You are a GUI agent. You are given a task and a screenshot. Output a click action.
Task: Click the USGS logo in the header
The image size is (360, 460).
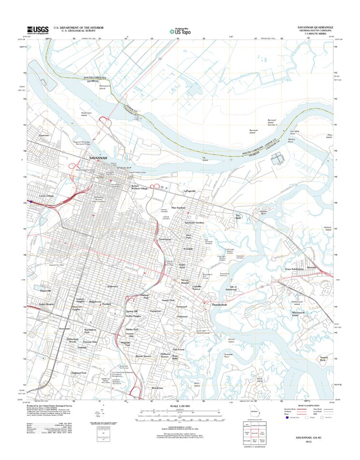(38, 30)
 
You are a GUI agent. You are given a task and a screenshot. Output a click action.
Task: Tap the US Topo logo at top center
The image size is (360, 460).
(180, 30)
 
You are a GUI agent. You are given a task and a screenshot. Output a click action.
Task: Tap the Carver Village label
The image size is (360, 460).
(48, 196)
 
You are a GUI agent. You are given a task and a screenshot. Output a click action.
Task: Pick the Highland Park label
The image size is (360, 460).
(78, 373)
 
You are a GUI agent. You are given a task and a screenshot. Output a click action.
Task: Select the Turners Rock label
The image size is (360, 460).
(323, 359)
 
